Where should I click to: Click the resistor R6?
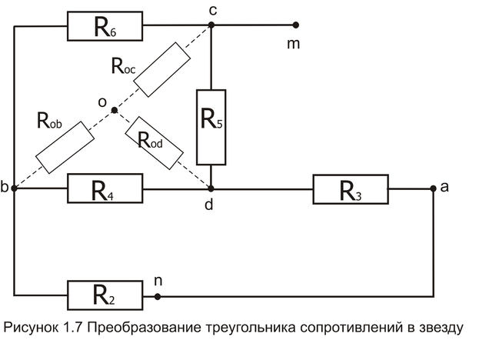pos(105,26)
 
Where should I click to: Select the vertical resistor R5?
pos(211,127)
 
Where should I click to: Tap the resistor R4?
pos(105,188)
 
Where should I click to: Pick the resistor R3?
pos(351,189)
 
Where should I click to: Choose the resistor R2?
pos(105,295)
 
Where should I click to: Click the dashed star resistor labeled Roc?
pos(162,70)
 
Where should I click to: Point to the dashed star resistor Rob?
pos(65,147)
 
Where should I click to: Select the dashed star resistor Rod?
pos(155,143)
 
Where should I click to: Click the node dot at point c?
pos(211,25)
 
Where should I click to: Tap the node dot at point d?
pos(211,188)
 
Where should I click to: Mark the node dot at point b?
pos(14,188)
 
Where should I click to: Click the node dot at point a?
pos(433,188)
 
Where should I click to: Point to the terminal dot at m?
pos(296,25)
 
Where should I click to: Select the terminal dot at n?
pos(158,296)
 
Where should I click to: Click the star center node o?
pos(115,110)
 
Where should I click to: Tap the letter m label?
pos(293,45)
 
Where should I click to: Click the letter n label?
pos(158,281)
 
